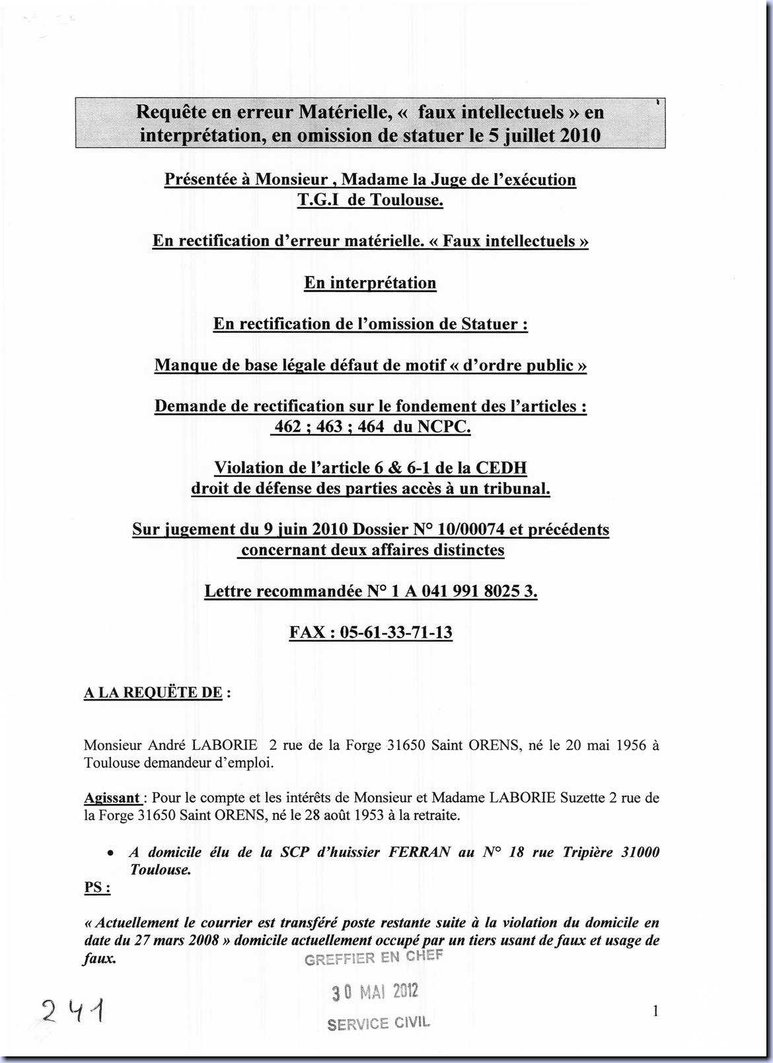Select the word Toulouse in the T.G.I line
[406, 200]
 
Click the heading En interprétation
[370, 283]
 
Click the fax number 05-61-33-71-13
[396, 633]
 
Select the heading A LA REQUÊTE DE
[153, 693]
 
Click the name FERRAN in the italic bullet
[420, 852]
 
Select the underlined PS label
[96, 887]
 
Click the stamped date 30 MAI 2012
[375, 992]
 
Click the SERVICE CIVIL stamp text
[379, 1024]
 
